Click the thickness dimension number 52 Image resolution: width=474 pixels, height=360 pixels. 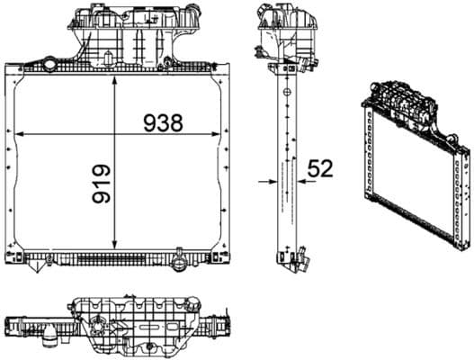(321, 167)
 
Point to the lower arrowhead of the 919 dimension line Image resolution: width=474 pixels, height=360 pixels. (116, 247)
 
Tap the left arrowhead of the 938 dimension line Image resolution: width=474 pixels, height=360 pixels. (20, 134)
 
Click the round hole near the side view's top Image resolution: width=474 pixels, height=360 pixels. (285, 90)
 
